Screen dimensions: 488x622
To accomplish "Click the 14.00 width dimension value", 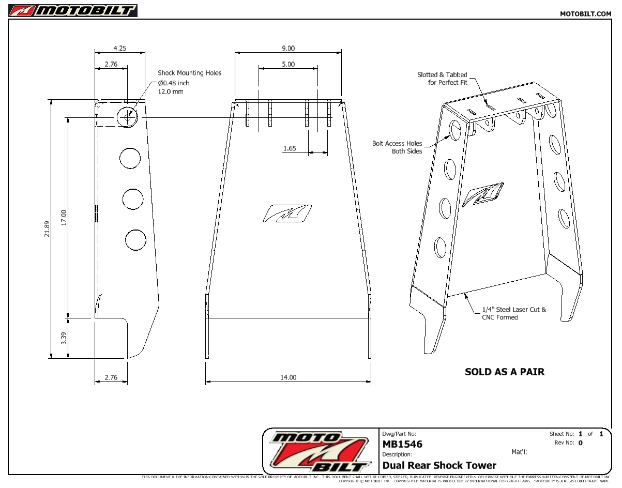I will pos(288,377).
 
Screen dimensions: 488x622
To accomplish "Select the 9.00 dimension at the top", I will pos(288,48).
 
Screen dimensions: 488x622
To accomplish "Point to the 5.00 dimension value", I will pos(288,64).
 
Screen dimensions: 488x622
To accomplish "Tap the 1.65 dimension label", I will pos(290,148).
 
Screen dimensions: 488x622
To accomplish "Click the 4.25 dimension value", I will pos(119,48).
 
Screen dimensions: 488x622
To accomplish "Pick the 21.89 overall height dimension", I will pos(47,228).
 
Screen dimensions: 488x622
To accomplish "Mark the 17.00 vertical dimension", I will pos(64,217).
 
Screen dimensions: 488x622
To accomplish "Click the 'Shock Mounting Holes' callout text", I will pos(189,73).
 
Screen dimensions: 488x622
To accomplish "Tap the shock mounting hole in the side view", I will pos(128,117).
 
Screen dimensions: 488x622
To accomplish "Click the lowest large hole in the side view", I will pos(135,239).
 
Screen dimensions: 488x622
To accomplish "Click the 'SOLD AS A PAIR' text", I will pos(504,372).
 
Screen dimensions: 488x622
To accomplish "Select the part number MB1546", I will pos(402,444).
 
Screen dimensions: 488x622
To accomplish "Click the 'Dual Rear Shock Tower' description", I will pos(439,465).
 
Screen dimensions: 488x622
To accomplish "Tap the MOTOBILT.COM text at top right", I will pos(585,14).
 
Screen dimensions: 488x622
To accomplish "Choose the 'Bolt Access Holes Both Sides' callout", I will pos(397,147).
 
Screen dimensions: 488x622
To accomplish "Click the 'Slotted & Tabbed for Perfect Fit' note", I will pos(442,79).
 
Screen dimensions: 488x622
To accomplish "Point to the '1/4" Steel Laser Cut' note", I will pos(513,313).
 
